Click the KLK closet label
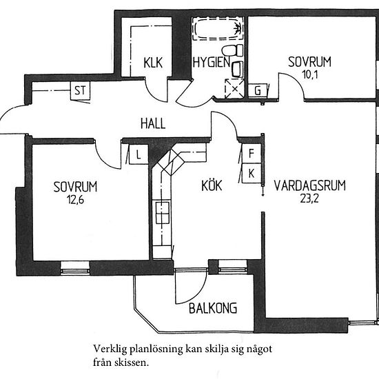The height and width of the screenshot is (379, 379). click(x=152, y=61)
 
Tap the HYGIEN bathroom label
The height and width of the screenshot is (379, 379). click(x=211, y=61)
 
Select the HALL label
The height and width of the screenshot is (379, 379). click(x=152, y=124)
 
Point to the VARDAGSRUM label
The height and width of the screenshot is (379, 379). click(x=309, y=185)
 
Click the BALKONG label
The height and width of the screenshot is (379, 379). click(x=213, y=307)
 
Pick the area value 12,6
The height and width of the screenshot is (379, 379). click(x=75, y=201)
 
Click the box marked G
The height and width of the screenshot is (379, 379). click(x=258, y=91)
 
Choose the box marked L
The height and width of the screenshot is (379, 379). click(x=139, y=154)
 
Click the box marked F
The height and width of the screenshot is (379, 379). click(x=252, y=155)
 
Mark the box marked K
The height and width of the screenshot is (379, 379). click(x=252, y=172)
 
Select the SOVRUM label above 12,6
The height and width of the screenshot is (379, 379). click(x=75, y=186)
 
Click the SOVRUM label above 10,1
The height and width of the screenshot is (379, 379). click(x=310, y=61)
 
